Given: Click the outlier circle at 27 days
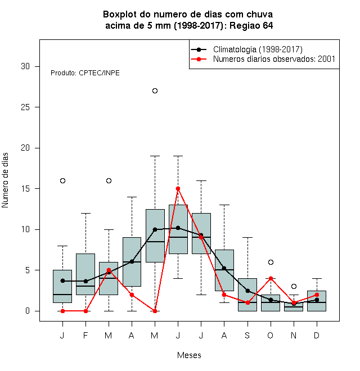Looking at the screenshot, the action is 155,91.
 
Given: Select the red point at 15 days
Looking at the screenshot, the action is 178,188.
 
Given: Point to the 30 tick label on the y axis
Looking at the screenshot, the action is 25,66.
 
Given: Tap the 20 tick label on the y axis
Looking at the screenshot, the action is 25,148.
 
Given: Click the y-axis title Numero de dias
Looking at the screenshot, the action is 5,180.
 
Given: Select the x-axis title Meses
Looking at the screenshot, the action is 189,355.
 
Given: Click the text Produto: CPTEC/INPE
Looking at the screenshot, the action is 85,73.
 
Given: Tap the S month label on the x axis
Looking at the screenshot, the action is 247,335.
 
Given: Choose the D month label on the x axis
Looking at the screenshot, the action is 317,335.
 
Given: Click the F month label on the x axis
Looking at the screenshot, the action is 85,335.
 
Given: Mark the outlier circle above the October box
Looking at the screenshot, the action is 271,262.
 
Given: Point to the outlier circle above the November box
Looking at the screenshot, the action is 294,287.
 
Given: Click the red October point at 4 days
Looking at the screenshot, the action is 271,278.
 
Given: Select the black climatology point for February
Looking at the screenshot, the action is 85,281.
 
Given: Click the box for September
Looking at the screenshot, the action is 247,295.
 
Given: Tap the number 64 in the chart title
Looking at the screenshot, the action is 268,25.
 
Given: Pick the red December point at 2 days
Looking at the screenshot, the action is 317,295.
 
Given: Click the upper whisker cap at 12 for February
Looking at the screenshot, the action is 85,213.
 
